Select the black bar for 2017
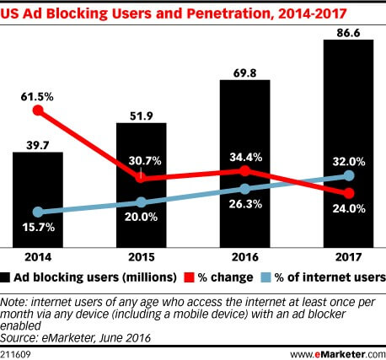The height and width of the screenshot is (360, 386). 348,143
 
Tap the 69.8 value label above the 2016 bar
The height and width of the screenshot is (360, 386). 244,69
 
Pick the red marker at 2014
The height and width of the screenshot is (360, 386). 37,110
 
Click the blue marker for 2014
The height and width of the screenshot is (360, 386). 37,212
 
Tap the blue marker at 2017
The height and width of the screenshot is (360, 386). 348,175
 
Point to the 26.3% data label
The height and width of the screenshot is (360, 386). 244,203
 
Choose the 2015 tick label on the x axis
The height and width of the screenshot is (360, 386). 141,257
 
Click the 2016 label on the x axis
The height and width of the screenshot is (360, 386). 244,257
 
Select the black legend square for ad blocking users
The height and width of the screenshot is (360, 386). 7,277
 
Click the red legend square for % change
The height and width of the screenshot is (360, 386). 189,277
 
